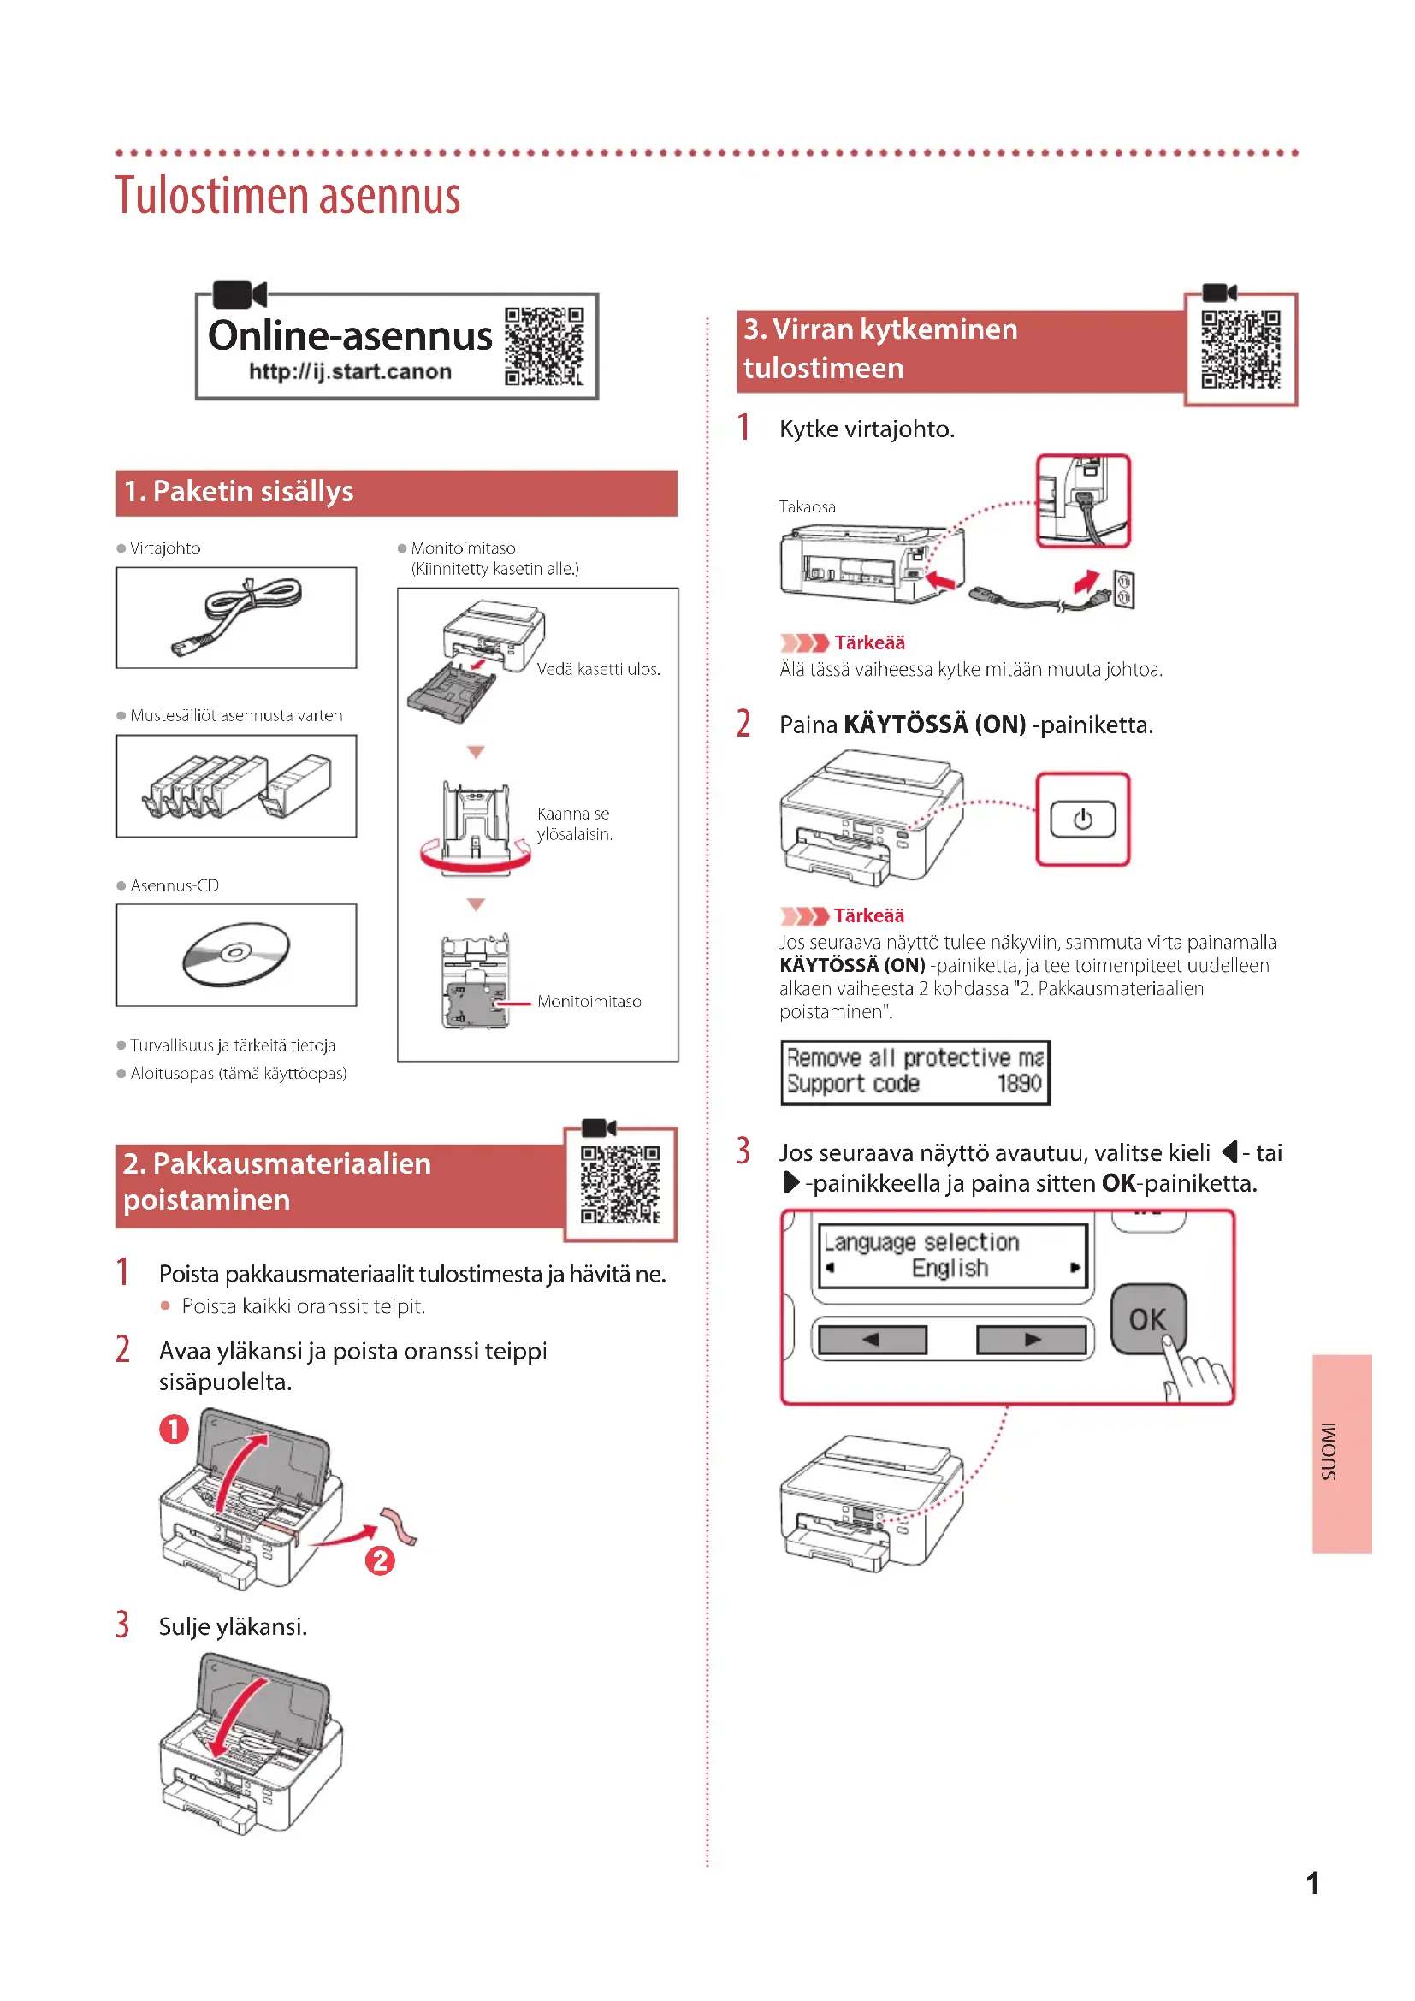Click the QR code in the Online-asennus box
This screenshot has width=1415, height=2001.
click(544, 346)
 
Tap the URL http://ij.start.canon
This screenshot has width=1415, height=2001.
click(350, 372)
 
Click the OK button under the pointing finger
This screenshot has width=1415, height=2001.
click(1146, 1318)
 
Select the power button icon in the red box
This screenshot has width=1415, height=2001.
click(1082, 820)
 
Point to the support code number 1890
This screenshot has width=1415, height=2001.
click(1019, 1083)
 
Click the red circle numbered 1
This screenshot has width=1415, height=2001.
click(174, 1430)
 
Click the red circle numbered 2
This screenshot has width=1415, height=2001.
click(380, 1560)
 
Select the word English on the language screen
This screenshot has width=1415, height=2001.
click(950, 1268)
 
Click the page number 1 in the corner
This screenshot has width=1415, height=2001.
click(1312, 1884)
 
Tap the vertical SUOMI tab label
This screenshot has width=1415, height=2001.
click(1329, 1452)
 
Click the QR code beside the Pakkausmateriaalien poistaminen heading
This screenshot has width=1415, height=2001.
click(620, 1184)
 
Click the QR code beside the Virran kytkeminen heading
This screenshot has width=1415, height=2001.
click(1240, 350)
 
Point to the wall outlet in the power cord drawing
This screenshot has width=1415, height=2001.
click(1123, 589)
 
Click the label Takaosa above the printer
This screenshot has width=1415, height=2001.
click(807, 507)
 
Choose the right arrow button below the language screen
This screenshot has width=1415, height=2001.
click(1032, 1340)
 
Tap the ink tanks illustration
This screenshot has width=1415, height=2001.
click(236, 785)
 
